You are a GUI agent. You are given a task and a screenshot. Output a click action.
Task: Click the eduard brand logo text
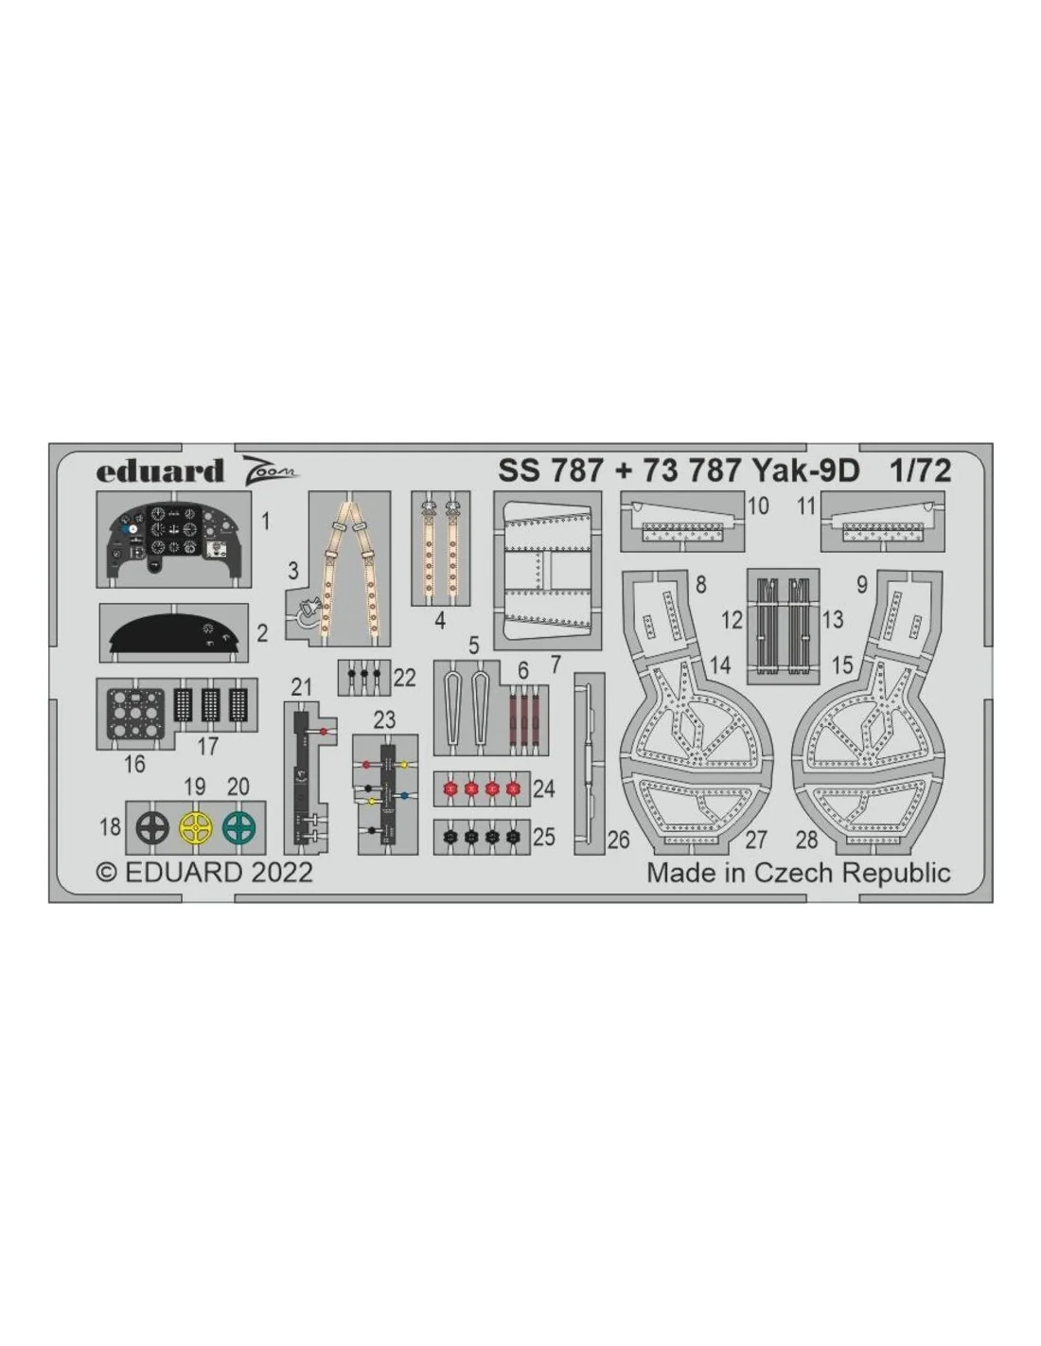pos(159,471)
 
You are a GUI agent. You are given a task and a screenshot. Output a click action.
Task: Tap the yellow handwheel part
pos(196,827)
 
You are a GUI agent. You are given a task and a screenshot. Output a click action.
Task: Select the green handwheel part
pos(239,827)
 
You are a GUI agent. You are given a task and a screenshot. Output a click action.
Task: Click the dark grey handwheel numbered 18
pos(152,827)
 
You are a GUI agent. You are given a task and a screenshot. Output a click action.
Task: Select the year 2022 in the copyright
pos(282,873)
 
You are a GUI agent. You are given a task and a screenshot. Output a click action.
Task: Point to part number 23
pos(384,719)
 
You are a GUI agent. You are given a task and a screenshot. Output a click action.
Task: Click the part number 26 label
pos(618,841)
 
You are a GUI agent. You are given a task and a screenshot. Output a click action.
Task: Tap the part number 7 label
pos(556,664)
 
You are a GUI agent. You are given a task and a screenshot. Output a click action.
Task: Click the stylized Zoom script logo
pos(269,469)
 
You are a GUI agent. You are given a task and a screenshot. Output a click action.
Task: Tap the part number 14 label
pos(720,665)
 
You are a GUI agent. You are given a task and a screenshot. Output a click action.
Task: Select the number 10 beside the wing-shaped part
pos(758,506)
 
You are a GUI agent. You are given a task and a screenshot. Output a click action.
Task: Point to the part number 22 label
pos(404,679)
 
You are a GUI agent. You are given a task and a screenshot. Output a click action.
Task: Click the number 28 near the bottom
pos(807,841)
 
